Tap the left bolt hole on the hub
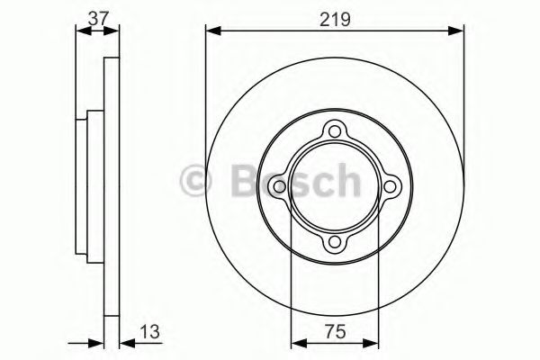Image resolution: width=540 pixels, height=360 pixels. click(x=281, y=187)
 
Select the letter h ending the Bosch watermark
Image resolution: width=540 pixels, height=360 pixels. click(x=346, y=182)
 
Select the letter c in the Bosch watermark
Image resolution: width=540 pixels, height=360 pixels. click(x=319, y=182)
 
